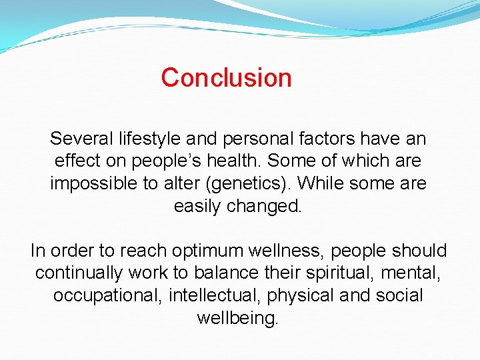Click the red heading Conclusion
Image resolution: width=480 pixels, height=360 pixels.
[x=226, y=78]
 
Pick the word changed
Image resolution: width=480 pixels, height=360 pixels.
[x=265, y=206]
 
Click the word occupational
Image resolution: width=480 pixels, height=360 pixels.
[x=108, y=295]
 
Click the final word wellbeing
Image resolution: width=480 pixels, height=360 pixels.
[x=237, y=318]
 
